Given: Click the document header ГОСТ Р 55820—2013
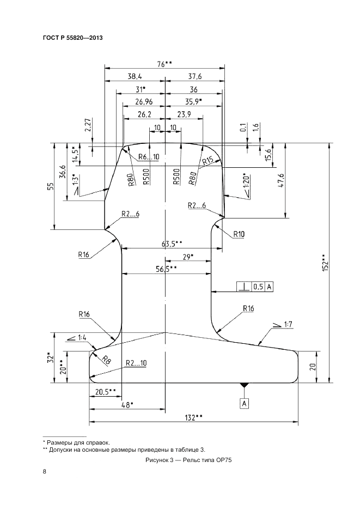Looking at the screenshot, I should click(x=72, y=38).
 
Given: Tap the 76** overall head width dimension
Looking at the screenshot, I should click(x=164, y=64).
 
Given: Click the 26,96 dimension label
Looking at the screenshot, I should click(x=139, y=101).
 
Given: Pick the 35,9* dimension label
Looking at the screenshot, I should click(x=192, y=101).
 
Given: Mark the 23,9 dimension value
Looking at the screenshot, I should click(x=184, y=114).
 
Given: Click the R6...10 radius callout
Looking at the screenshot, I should click(x=148, y=157).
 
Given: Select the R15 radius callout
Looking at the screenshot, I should click(x=208, y=161).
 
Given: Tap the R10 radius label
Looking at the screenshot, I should click(x=240, y=235).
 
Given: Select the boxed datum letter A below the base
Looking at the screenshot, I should click(x=245, y=403).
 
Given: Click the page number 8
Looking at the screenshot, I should click(x=44, y=472).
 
